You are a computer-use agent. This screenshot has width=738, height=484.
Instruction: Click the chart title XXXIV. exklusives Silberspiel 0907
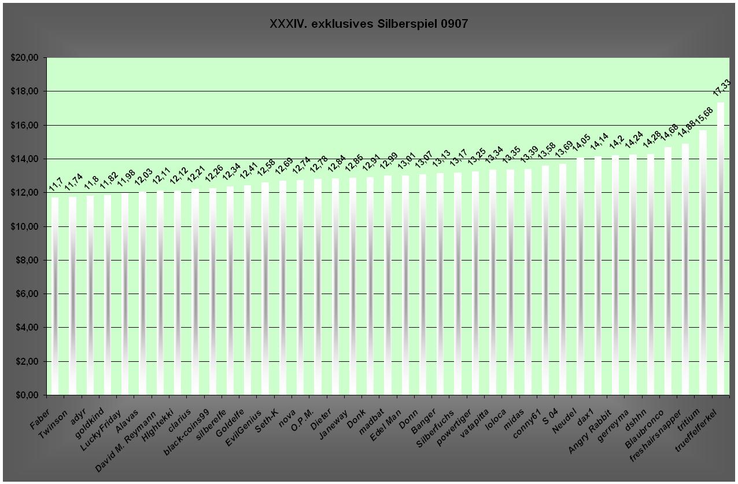(x=368, y=24)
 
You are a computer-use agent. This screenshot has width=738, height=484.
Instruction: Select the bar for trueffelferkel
(x=721, y=249)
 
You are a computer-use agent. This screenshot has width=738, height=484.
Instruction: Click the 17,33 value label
(x=722, y=91)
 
